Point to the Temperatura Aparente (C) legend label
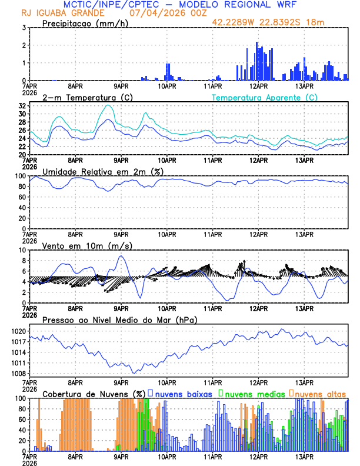click(264, 97)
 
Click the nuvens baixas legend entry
click(184, 393)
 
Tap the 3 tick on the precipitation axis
click(24, 28)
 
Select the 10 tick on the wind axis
click(22, 250)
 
